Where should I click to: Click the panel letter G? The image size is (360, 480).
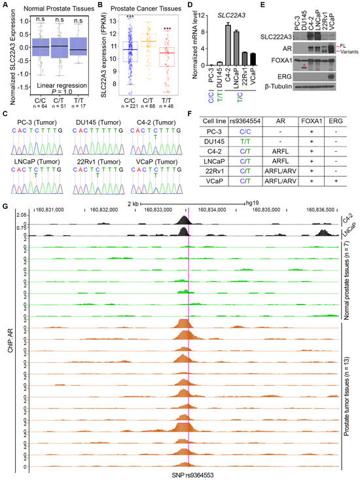6,208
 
